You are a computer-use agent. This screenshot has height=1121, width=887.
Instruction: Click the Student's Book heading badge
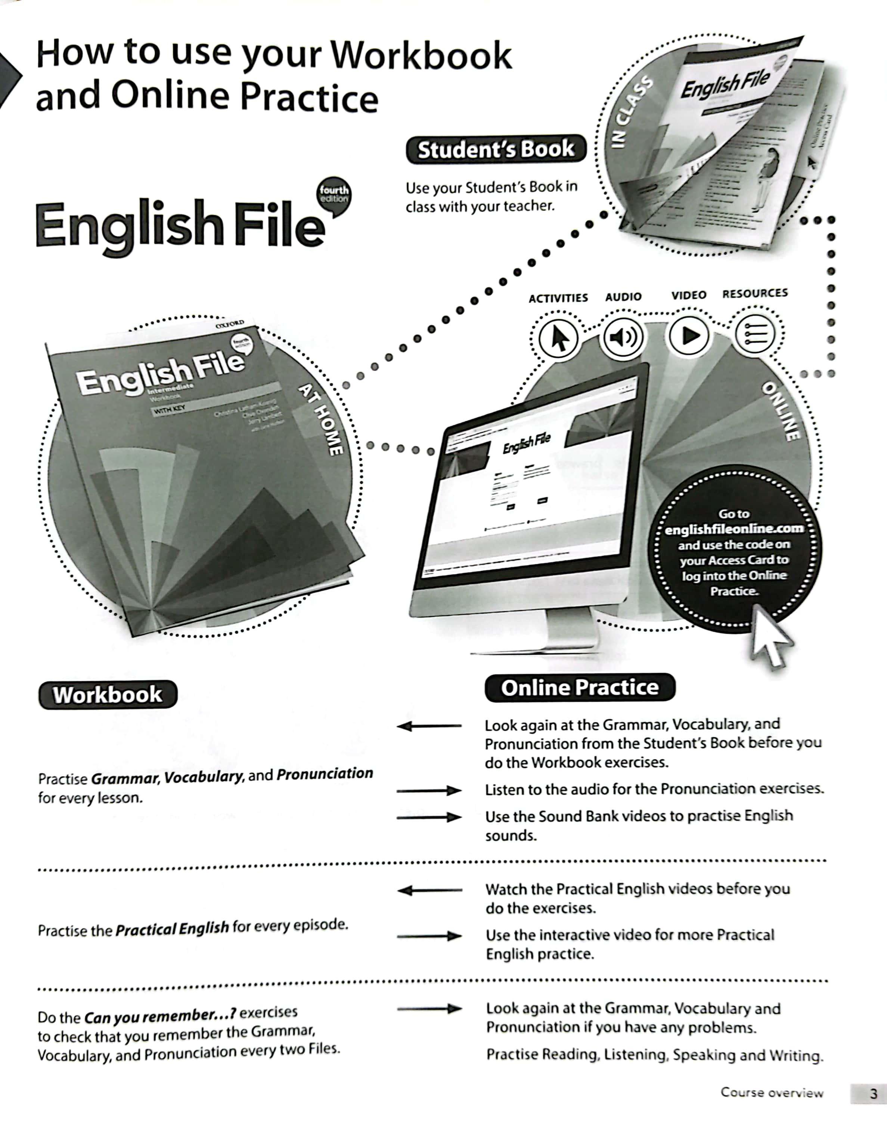496,149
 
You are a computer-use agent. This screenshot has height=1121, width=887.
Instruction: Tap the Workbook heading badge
108,695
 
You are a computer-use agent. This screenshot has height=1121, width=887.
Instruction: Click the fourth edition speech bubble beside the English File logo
334,196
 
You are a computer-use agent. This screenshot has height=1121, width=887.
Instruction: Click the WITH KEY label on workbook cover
169,409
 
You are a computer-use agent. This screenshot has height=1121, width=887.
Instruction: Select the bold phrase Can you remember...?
160,1016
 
